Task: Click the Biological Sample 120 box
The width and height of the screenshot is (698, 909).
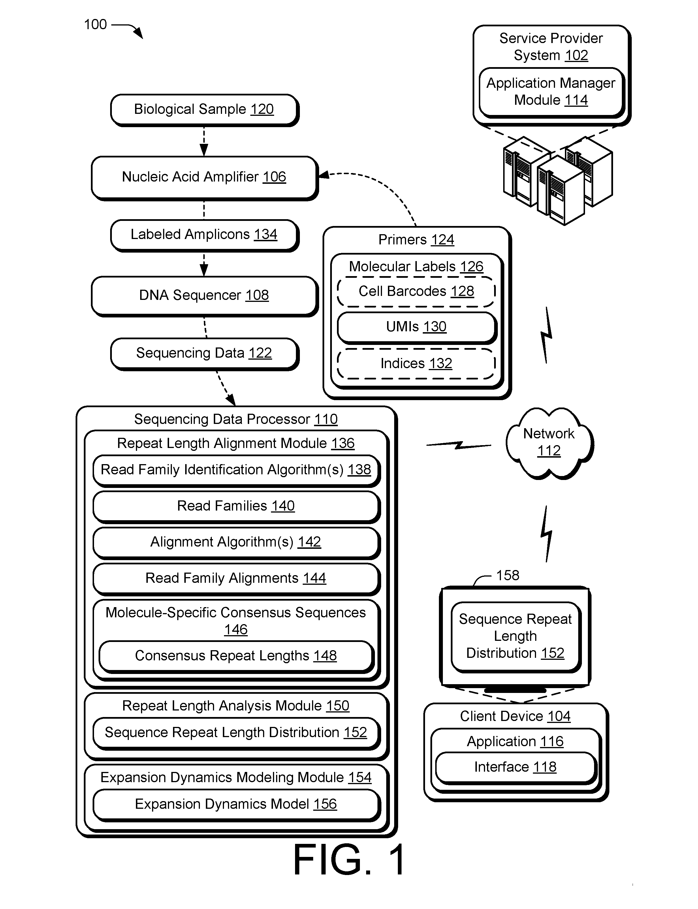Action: click(x=204, y=110)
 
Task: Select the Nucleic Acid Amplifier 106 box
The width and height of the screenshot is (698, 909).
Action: click(x=204, y=178)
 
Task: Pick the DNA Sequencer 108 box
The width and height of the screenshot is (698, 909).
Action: click(x=204, y=296)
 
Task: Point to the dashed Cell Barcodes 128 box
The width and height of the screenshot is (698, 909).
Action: click(x=416, y=292)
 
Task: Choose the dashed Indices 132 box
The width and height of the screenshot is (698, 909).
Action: click(x=416, y=364)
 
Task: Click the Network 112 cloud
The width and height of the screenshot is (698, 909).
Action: click(x=549, y=443)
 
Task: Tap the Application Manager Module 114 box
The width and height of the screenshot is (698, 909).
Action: click(x=551, y=93)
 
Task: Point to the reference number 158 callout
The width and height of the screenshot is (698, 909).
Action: click(x=508, y=575)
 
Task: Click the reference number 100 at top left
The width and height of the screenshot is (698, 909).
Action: click(x=95, y=25)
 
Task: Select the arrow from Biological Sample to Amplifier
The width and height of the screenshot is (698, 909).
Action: click(x=204, y=141)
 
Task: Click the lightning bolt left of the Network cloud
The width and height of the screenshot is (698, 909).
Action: click(x=459, y=445)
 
